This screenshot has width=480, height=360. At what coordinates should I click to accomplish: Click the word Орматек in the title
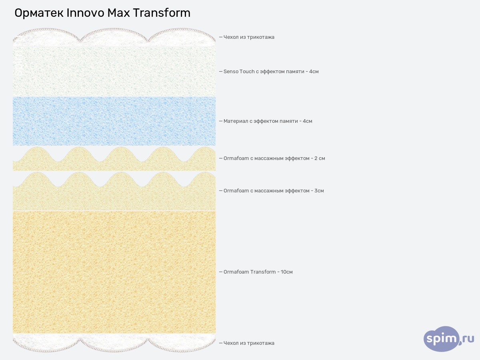click(x=38, y=13)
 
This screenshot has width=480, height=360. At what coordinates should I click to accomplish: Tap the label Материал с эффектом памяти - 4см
click(x=268, y=121)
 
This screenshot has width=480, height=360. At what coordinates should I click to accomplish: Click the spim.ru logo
click(x=448, y=339)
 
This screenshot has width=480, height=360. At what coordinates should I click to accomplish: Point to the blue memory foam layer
click(x=114, y=121)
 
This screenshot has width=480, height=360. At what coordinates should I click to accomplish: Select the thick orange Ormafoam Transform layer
click(x=114, y=272)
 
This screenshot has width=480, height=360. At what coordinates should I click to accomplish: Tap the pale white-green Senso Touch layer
click(x=114, y=72)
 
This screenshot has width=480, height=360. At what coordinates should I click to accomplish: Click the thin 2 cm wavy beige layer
click(x=114, y=165)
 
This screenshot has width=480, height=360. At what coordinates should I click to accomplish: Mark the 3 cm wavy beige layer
click(x=114, y=198)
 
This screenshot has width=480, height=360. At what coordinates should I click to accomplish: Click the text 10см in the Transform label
click(x=287, y=272)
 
